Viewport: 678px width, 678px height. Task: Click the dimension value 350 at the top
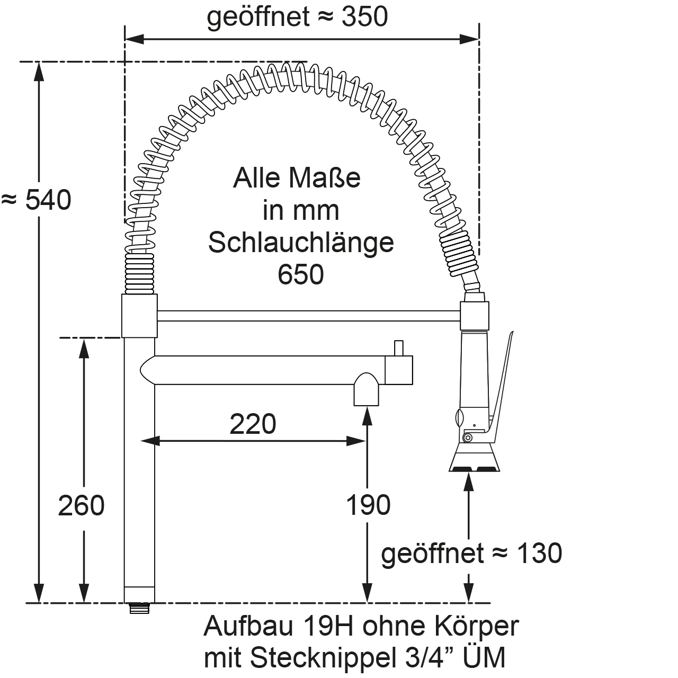364,17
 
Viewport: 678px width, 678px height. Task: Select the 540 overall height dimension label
48,200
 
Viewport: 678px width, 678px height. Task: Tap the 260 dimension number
81,505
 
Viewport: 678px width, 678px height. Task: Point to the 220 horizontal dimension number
253,424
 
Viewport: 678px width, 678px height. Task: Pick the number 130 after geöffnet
539,554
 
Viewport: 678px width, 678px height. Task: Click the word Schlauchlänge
301,243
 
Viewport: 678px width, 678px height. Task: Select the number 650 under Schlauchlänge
300,274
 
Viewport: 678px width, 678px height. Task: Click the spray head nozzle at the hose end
474,459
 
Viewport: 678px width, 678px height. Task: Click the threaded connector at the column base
140,608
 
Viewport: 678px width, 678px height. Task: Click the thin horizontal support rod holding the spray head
307,316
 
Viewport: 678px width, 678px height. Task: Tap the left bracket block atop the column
140,316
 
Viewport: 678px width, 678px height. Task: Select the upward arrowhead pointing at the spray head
469,481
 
